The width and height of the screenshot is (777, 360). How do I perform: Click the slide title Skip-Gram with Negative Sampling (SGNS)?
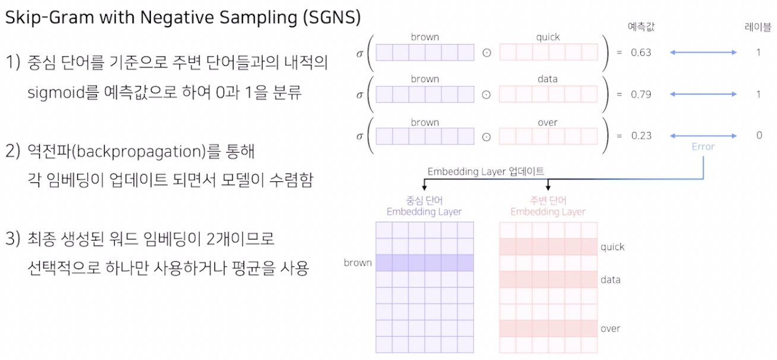pos(183,18)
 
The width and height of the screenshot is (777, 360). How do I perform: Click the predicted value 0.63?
pos(641,52)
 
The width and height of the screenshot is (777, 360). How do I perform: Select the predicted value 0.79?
pos(641,94)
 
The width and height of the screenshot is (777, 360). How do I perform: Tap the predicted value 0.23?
pos(641,135)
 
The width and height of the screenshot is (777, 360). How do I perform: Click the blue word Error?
pos(703,146)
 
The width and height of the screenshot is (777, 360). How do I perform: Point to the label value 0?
pos(759,135)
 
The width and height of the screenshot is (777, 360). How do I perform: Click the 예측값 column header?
pos(641,27)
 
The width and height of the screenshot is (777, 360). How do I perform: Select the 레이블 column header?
pos(758,27)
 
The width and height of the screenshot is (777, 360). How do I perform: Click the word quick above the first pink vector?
pos(548,37)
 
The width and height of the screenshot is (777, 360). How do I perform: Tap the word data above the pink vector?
pos(548,79)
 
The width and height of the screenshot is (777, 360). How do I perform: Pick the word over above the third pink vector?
pos(548,122)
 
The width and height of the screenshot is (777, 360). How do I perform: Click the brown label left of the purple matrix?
pos(358,263)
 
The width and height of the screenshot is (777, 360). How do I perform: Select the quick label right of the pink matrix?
pos(612,247)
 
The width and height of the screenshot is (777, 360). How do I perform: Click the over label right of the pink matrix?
pos(610,329)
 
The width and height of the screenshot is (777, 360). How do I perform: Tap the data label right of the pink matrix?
pos(611,279)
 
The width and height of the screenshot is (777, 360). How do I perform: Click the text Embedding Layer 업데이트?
pos(485,171)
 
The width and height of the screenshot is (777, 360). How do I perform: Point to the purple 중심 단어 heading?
pos(424,201)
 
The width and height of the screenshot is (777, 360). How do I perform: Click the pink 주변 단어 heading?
pos(548,201)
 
